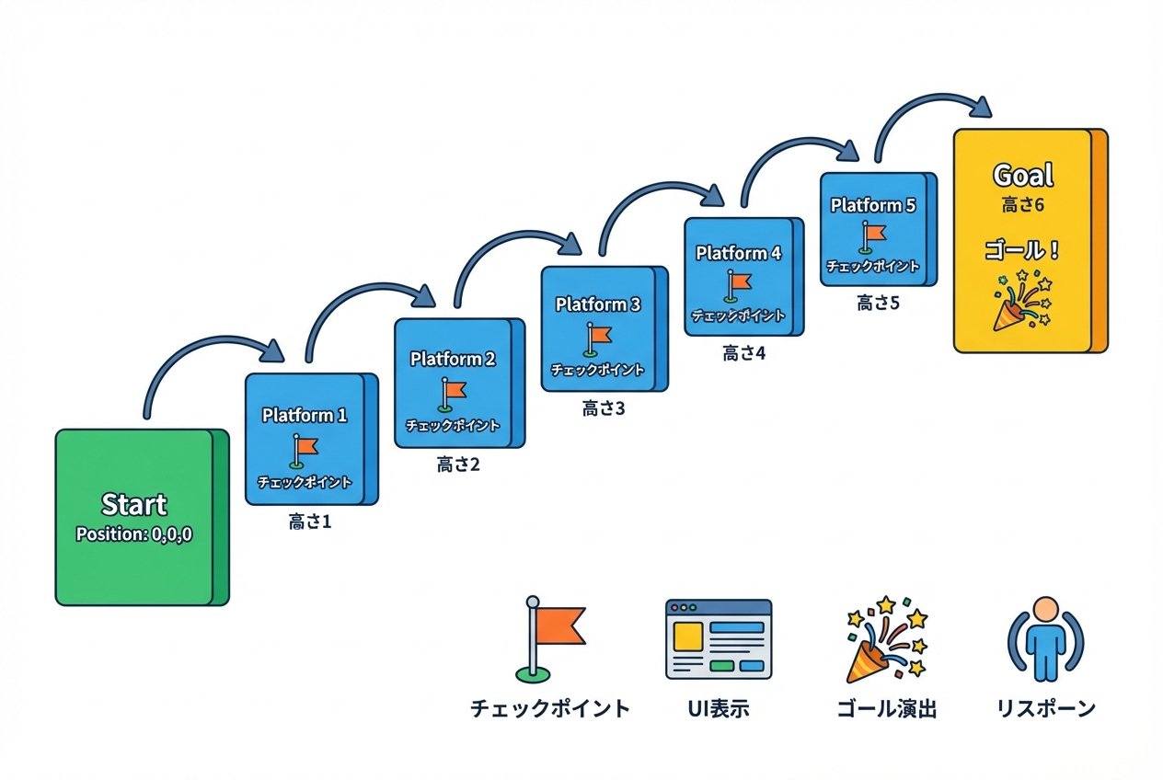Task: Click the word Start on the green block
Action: pyautogui.click(x=134, y=504)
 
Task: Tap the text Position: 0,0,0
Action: pyautogui.click(x=134, y=534)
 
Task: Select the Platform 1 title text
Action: pyautogui.click(x=305, y=415)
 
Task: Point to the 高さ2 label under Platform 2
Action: pyautogui.click(x=458, y=465)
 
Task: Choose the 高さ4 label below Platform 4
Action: pyautogui.click(x=743, y=352)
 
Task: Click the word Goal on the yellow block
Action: pyautogui.click(x=1023, y=175)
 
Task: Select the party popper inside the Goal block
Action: pyautogui.click(x=1021, y=300)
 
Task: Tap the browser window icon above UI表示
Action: pyautogui.click(x=718, y=638)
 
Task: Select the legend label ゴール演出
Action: pyautogui.click(x=886, y=709)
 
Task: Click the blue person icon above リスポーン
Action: pyautogui.click(x=1045, y=638)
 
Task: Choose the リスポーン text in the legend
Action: pyautogui.click(x=1046, y=709)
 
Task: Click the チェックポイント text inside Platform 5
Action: pyautogui.click(x=872, y=267)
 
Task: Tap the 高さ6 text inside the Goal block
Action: pyautogui.click(x=1023, y=205)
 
